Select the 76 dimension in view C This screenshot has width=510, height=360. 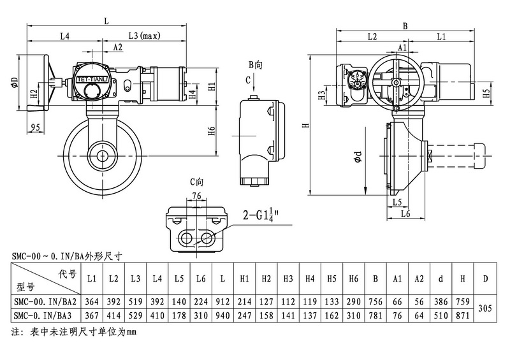pos(196,196)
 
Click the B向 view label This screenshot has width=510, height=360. pos(255,65)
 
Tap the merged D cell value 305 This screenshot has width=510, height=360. pos(486,308)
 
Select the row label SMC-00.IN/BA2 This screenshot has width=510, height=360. pos(44,301)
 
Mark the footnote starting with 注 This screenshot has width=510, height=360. pos(75,331)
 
